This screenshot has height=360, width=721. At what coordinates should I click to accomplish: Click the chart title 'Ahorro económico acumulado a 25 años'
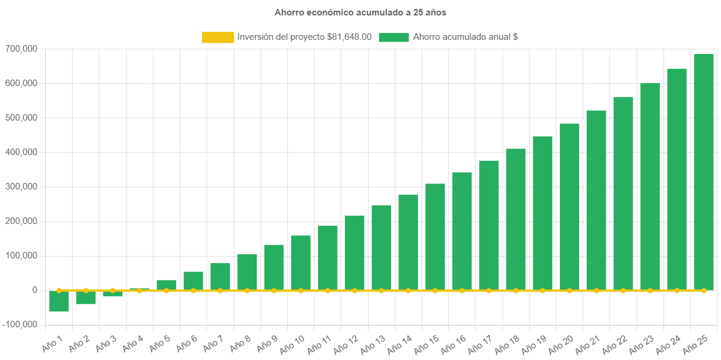coord(360,12)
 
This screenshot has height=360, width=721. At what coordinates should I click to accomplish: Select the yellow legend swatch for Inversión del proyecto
coord(218,37)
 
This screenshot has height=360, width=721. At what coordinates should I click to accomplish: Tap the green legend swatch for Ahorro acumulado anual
coord(393,37)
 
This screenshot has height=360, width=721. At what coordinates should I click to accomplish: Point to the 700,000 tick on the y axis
coord(21,49)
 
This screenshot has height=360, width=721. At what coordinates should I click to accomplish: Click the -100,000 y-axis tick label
coord(19,324)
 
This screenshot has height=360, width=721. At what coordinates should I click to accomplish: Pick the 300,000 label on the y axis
coord(21,187)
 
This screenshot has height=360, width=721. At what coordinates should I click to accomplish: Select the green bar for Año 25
coord(704,172)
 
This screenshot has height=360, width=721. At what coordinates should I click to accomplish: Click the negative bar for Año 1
coord(59,301)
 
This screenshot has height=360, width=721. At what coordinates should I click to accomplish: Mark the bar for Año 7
coord(220,276)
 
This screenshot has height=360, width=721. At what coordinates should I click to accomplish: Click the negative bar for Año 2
coord(86,297)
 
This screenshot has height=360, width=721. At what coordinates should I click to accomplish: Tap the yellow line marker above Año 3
coord(112,290)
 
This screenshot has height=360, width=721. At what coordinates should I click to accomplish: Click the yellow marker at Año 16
coord(462,290)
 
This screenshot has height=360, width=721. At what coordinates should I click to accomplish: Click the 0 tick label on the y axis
coord(35,290)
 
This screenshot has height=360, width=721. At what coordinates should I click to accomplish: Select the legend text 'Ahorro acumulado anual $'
coord(465,37)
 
